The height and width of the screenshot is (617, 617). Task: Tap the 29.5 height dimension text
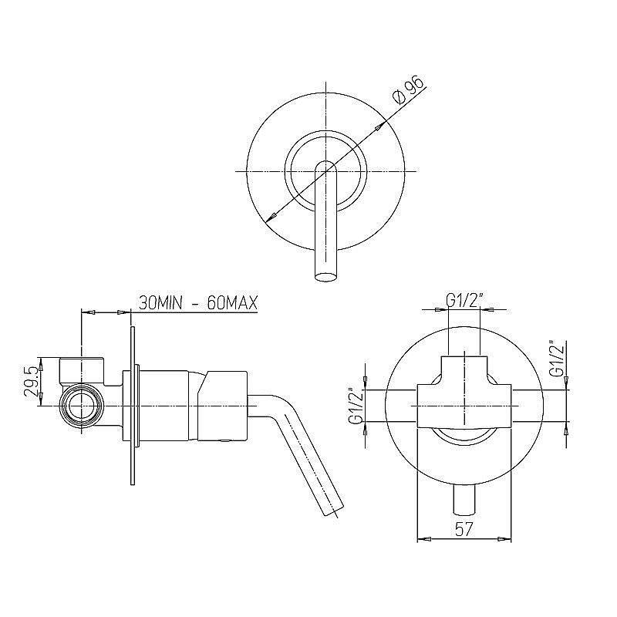[x=32, y=381]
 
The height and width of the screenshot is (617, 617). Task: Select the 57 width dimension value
[x=464, y=530]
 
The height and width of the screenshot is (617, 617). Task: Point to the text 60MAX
[x=232, y=303]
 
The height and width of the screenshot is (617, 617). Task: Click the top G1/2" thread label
[x=464, y=302]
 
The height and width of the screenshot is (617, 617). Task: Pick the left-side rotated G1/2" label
[x=356, y=406]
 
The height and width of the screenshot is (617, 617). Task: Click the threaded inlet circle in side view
[x=81, y=406]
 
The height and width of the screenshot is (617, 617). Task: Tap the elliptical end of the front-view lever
[x=325, y=277]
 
